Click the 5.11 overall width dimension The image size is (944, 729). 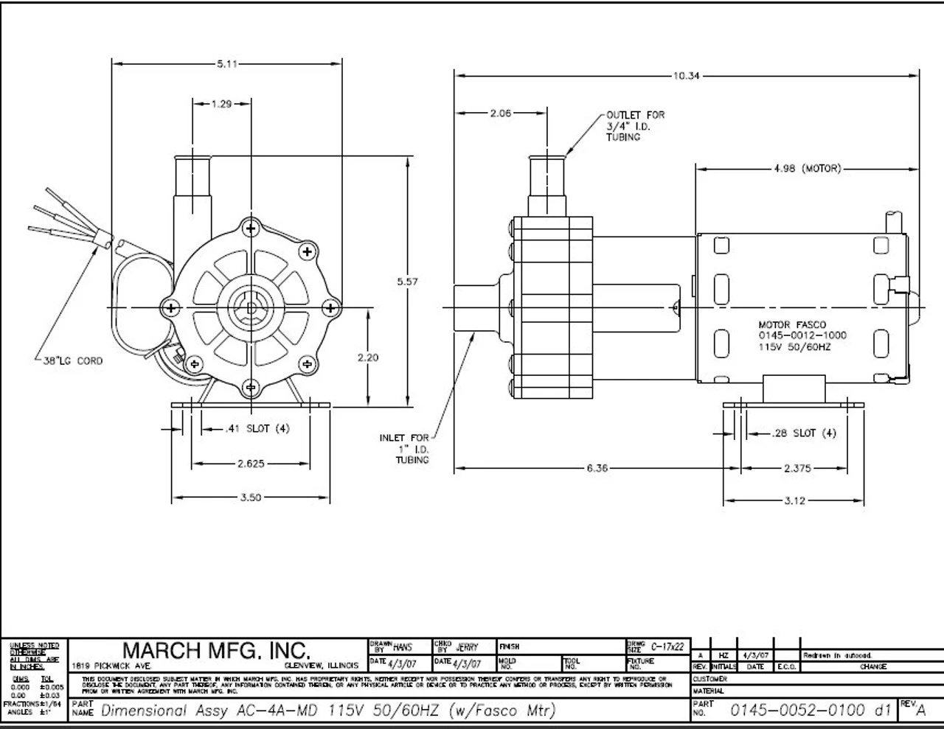227,64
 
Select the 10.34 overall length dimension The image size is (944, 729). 685,75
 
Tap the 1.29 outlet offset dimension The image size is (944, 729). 221,104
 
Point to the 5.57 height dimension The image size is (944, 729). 408,281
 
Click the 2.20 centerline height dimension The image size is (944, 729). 367,357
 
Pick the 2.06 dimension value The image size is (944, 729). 501,114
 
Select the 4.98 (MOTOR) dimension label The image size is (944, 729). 807,169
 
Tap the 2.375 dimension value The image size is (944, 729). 798,468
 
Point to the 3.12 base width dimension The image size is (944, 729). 794,501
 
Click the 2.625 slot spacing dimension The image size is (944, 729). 251,464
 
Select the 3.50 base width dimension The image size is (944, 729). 251,498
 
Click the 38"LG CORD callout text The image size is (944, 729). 69,361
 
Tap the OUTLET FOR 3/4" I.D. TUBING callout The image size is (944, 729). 635,126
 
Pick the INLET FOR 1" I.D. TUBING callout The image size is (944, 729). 403,449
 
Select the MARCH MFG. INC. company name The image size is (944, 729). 215,650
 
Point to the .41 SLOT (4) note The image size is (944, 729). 257,429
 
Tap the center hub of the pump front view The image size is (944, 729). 251,307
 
